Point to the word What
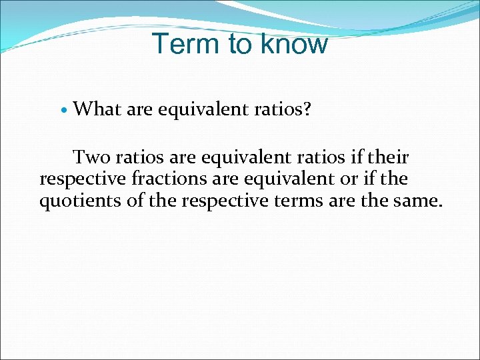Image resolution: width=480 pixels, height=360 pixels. coord(97,109)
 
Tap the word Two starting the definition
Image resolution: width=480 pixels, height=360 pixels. coord(91,158)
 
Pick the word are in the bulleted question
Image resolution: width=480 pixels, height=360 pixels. coord(139,109)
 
